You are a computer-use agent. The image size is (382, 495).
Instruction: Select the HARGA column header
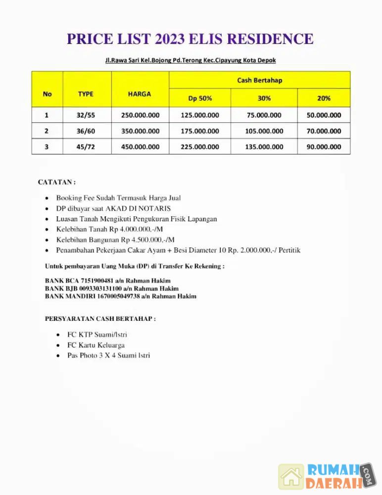(x=140, y=94)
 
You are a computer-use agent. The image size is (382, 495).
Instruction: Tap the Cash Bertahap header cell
(x=259, y=80)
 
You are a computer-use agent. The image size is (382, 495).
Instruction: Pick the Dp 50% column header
(x=200, y=98)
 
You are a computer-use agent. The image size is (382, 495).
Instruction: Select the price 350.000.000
(x=140, y=131)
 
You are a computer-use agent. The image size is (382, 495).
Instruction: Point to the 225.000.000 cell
(x=200, y=147)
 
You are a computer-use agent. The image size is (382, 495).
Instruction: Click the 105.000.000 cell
(x=264, y=131)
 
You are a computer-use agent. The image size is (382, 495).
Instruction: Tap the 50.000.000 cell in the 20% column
(x=324, y=115)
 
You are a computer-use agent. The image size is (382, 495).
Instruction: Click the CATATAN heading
(x=56, y=182)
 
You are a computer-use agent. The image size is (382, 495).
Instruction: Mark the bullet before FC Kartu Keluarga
(x=59, y=345)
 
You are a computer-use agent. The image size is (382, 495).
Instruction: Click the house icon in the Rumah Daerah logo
(x=291, y=476)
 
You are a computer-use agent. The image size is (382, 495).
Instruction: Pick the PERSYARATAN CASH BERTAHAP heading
(x=100, y=319)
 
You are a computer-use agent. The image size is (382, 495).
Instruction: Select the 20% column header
(x=324, y=98)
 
